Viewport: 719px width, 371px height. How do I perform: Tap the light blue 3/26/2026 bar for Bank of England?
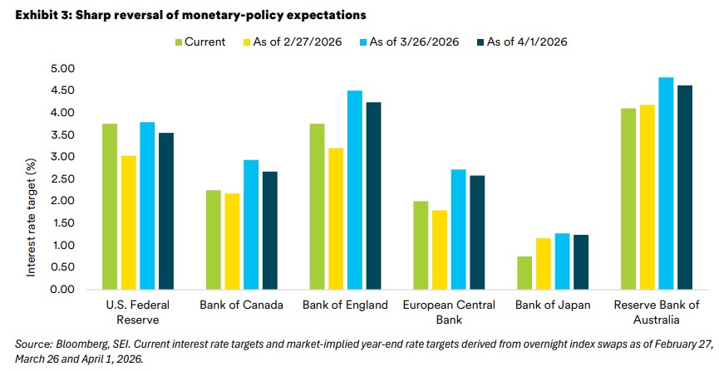pos(354,190)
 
